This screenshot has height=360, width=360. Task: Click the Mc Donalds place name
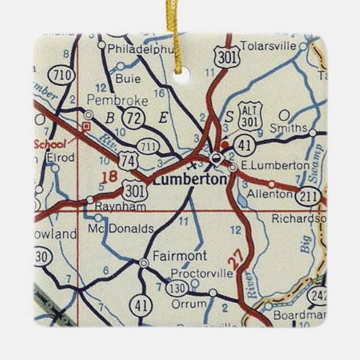pos(121,229)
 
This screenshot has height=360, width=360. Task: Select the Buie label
pos(128,78)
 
